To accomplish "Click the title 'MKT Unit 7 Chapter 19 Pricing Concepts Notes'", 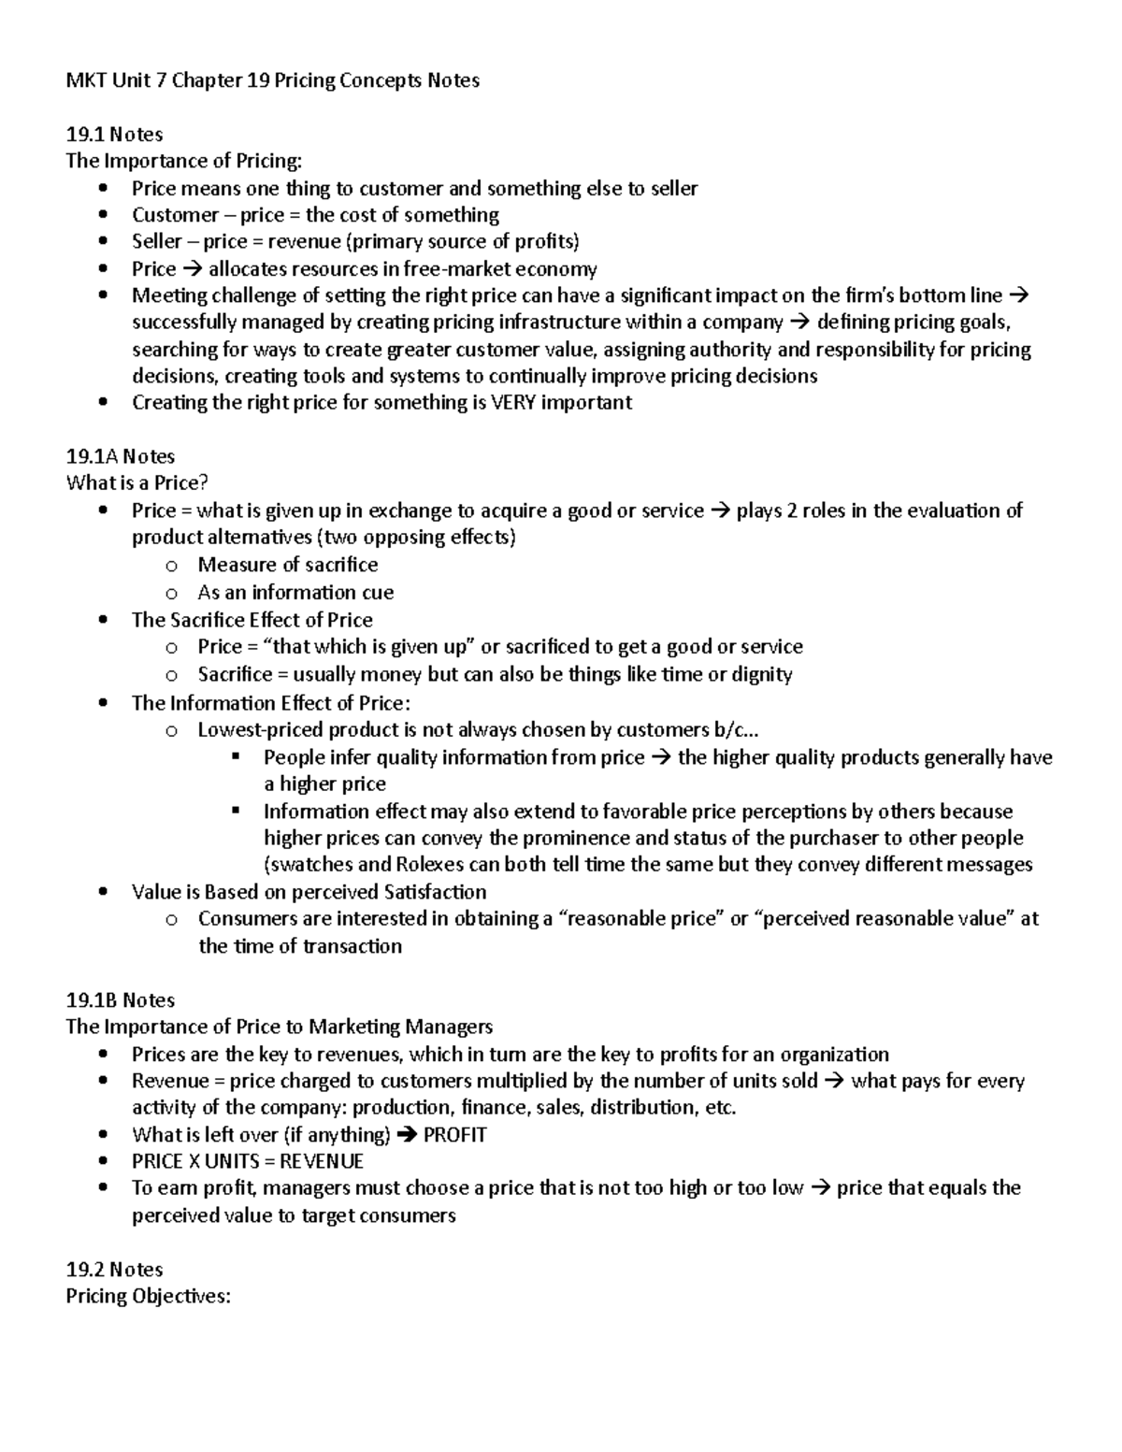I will click(272, 80).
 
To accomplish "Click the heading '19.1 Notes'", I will click(114, 134).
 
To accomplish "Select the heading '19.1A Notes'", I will click(121, 456).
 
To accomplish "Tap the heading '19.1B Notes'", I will click(121, 999).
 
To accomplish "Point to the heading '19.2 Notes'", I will click(114, 1269).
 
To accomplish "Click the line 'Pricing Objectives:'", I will click(148, 1296).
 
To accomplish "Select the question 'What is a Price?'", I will click(137, 483).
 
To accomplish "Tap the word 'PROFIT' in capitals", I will click(455, 1135).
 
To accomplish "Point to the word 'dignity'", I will click(759, 674).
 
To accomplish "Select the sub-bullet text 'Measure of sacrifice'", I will click(288, 565).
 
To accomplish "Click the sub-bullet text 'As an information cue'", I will click(295, 593).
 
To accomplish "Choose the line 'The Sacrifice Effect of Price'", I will click(252, 620).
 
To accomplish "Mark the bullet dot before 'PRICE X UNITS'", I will click(103, 1162).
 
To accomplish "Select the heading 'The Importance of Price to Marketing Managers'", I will click(279, 1027).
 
